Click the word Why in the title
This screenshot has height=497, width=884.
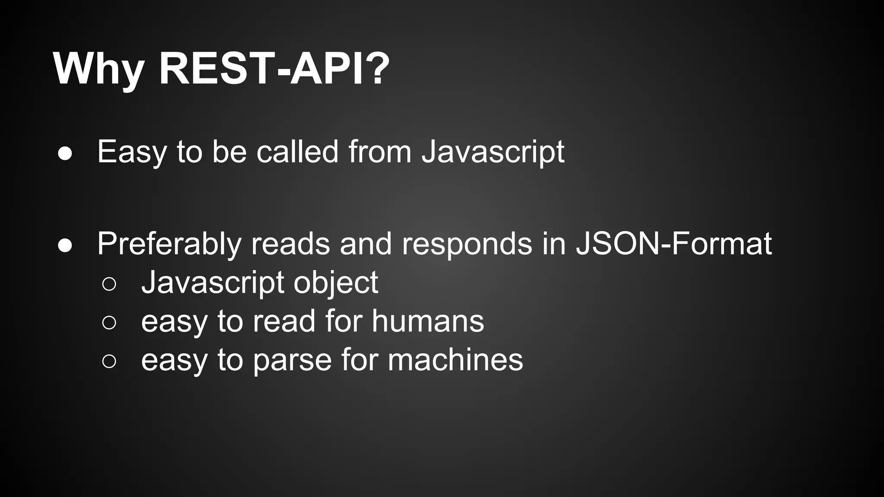click(x=99, y=69)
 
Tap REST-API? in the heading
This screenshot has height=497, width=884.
click(x=275, y=69)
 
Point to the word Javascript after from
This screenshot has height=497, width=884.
click(x=493, y=152)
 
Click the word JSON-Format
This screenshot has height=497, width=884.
click(x=674, y=244)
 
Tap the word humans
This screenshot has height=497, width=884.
click(x=428, y=321)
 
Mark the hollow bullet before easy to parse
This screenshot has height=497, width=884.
click(x=109, y=361)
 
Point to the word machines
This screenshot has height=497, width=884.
click(x=455, y=360)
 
